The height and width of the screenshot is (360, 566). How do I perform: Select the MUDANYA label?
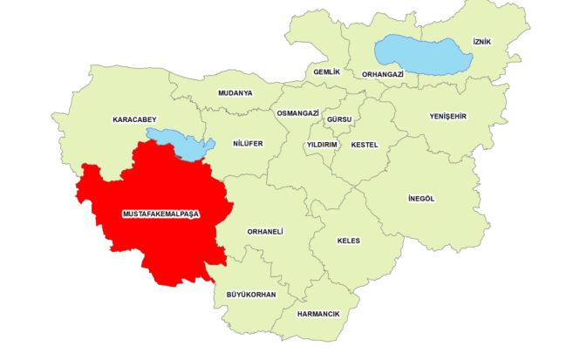pos(235,92)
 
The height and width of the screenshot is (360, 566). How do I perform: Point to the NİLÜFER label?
pos(248,144)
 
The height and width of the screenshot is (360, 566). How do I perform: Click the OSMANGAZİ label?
pos(297,113)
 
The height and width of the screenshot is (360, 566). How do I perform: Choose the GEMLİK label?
pos(326,71)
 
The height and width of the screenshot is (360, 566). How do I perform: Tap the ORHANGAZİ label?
pos(382,75)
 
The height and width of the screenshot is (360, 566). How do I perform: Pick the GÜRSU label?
pos(338,118)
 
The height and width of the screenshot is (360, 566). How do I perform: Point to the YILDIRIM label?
pos(322,145)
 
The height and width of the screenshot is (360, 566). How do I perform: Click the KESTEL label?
pos(365,145)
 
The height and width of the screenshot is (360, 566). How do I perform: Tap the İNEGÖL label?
pos(420,199)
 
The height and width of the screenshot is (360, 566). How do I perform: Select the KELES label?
pos(348,241)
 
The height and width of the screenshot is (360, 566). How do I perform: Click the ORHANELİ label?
pos(266,231)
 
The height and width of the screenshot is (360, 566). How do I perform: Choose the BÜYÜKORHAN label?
pos(251,295)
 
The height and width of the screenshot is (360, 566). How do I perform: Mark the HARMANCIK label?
pos(318,314)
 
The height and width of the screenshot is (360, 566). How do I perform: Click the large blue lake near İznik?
pos(423,54)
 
